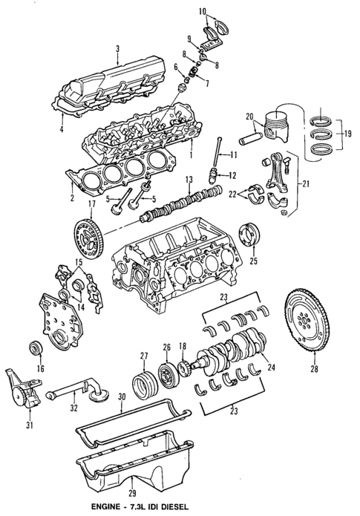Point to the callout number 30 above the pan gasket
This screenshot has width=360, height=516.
pyautogui.click(x=121, y=398)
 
